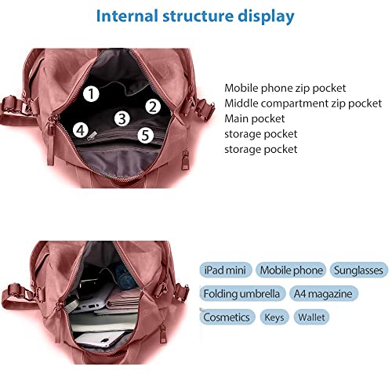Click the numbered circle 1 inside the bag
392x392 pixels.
point(91,94)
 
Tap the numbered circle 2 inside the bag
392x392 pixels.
point(153,107)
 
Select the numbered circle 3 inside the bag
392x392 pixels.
point(122,118)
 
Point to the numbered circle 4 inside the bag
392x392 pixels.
point(81,130)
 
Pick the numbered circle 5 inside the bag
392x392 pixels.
point(145,135)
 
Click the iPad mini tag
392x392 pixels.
point(225,270)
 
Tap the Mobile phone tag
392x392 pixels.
point(291,270)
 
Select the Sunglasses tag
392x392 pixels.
point(358,270)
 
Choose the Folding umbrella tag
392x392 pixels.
point(241,293)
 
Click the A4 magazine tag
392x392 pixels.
point(323,293)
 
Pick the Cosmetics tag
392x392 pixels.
point(227,317)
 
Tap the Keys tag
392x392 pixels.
point(274,317)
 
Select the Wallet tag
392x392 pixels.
point(311,317)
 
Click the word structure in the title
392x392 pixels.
point(198,16)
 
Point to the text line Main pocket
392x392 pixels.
point(254,118)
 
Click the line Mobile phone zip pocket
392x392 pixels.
point(285,88)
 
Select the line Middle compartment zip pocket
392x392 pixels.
point(303,103)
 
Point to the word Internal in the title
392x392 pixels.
point(128,16)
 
